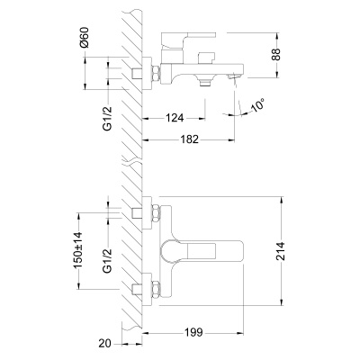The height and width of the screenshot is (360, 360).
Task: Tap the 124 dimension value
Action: pyautogui.click(x=176, y=118)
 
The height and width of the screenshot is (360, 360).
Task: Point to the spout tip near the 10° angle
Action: pyautogui.click(x=235, y=84)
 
